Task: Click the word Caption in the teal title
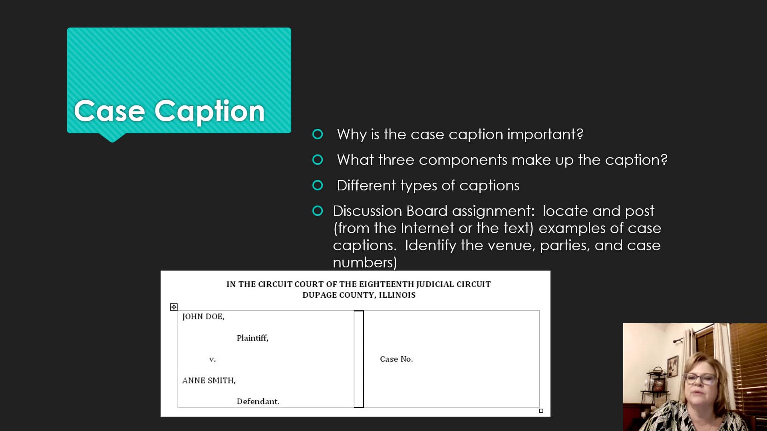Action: click(209, 111)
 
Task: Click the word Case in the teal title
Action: click(109, 111)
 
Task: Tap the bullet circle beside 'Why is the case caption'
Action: click(318, 134)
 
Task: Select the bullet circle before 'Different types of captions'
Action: click(318, 186)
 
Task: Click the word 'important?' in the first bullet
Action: click(545, 134)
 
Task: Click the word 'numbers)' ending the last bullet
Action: click(365, 263)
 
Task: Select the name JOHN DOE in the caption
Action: click(203, 317)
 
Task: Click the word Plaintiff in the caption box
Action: click(252, 338)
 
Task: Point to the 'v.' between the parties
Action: click(213, 359)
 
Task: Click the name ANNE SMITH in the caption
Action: click(209, 381)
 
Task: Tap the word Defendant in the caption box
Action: click(258, 401)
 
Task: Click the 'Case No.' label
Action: click(396, 359)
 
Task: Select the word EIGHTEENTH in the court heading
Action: click(386, 284)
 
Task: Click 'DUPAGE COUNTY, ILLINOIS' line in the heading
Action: click(359, 295)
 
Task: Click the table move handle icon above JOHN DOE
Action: click(174, 307)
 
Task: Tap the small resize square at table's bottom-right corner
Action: click(541, 411)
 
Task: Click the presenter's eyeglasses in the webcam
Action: click(699, 378)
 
